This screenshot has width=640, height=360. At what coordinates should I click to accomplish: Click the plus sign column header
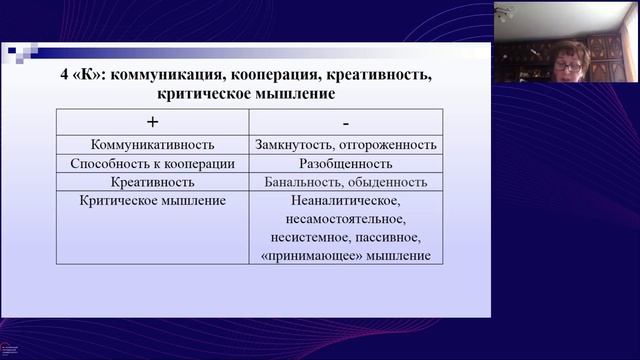[x=153, y=122]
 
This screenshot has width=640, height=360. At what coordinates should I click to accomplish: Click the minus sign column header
[x=345, y=122]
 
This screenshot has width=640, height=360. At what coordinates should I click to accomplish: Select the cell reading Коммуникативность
[x=153, y=145]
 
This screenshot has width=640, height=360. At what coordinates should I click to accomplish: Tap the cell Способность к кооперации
[x=153, y=163]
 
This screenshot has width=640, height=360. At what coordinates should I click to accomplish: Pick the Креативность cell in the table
[x=153, y=182]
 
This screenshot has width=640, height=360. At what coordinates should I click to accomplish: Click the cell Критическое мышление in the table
[x=153, y=200]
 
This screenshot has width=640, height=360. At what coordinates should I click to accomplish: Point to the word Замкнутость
[x=291, y=145]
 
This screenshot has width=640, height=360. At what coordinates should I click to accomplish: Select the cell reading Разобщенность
[x=345, y=163]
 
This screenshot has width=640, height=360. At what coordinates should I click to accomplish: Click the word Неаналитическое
[x=345, y=200]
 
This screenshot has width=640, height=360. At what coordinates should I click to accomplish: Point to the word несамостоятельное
[x=345, y=219]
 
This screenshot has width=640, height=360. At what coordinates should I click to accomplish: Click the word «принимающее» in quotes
[x=304, y=256]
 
